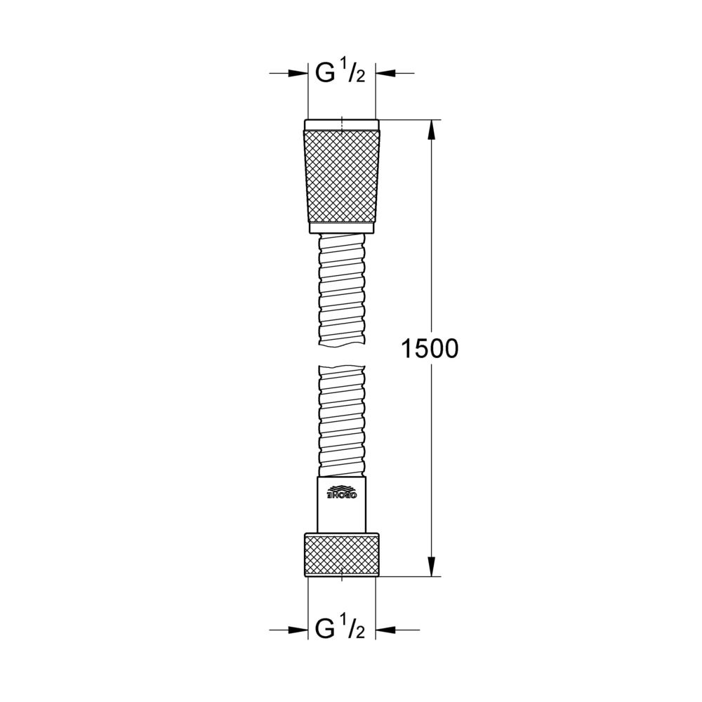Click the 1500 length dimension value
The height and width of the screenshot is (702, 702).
(x=430, y=349)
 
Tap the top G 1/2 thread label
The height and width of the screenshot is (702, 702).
(x=340, y=72)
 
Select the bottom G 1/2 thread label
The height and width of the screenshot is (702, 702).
(x=340, y=628)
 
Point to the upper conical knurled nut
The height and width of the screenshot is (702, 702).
(x=342, y=176)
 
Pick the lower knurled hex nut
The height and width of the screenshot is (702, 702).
(x=342, y=555)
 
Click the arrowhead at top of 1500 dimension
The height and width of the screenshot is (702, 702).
(x=431, y=131)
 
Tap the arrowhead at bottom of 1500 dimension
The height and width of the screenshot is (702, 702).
(x=431, y=566)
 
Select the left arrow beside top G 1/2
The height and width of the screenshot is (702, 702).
(x=289, y=72)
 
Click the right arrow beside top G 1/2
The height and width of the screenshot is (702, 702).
(x=395, y=72)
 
